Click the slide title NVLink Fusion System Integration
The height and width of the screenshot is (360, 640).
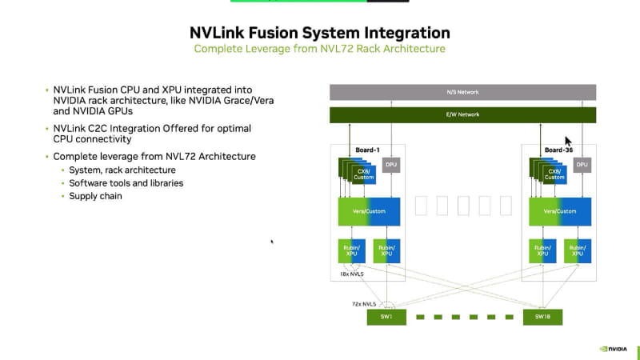pyautogui.click(x=319, y=33)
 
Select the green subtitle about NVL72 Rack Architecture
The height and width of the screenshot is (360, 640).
pyautogui.click(x=319, y=49)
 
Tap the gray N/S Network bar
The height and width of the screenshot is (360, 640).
pyautogui.click(x=463, y=92)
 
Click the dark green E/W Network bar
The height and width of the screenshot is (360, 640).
pyautogui.click(x=463, y=115)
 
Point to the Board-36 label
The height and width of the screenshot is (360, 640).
pyautogui.click(x=558, y=150)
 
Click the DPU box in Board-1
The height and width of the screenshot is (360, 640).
pyautogui.click(x=391, y=165)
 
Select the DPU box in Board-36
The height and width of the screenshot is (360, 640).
pyautogui.click(x=582, y=165)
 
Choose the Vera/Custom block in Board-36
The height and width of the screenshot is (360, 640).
pyautogui.click(x=560, y=212)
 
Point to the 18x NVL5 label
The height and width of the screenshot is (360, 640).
pyautogui.click(x=352, y=274)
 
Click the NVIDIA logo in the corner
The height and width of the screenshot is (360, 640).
pyautogui.click(x=614, y=349)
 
